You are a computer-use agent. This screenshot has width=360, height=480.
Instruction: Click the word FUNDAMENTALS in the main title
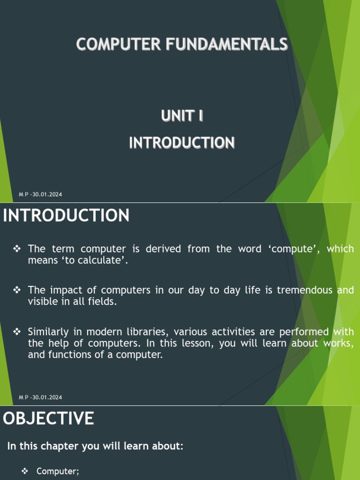pos(226,45)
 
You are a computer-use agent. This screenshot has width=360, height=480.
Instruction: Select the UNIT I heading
pos(182,116)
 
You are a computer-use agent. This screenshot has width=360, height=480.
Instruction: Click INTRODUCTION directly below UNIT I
pos(182,142)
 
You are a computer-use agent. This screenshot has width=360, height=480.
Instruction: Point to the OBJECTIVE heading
pos(48,419)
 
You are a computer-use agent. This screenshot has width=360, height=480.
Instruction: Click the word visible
pos(41,302)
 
